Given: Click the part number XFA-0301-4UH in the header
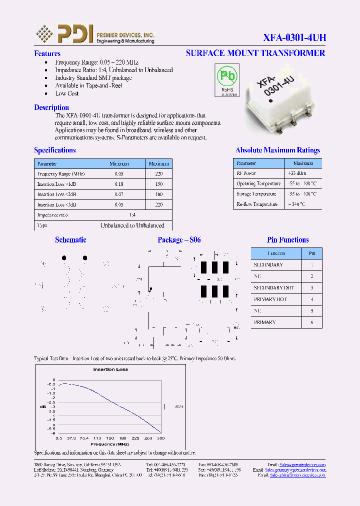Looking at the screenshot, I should point(294,37).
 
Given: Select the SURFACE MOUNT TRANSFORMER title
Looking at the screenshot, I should point(255,53).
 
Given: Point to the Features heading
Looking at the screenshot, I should point(47,53).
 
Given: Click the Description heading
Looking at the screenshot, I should point(51,107).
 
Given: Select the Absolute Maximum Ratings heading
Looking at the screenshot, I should point(277,150).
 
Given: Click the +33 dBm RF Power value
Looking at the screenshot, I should point(297,173).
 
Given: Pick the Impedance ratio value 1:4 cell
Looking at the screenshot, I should point(132,215).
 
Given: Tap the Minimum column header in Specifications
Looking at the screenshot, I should point(119,163).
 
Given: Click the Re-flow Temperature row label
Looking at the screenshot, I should point(257,204).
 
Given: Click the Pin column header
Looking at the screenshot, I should point(312,253).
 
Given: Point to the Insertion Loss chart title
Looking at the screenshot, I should point(110,369).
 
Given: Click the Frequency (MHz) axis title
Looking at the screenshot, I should point(109,444).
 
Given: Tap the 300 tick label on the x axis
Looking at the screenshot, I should point(160,438).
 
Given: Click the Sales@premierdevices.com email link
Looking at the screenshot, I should point(302,464).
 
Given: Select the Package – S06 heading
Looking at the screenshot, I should point(179,240).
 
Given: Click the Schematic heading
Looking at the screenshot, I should point(70,240).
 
